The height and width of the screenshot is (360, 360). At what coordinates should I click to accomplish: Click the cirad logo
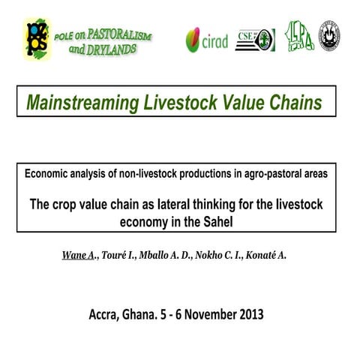pos(206,40)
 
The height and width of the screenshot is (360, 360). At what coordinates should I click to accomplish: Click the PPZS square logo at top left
pos(37,38)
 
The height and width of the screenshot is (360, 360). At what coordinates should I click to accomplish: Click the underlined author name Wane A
pos(79,256)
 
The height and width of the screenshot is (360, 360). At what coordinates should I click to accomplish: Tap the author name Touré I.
pos(116,256)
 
